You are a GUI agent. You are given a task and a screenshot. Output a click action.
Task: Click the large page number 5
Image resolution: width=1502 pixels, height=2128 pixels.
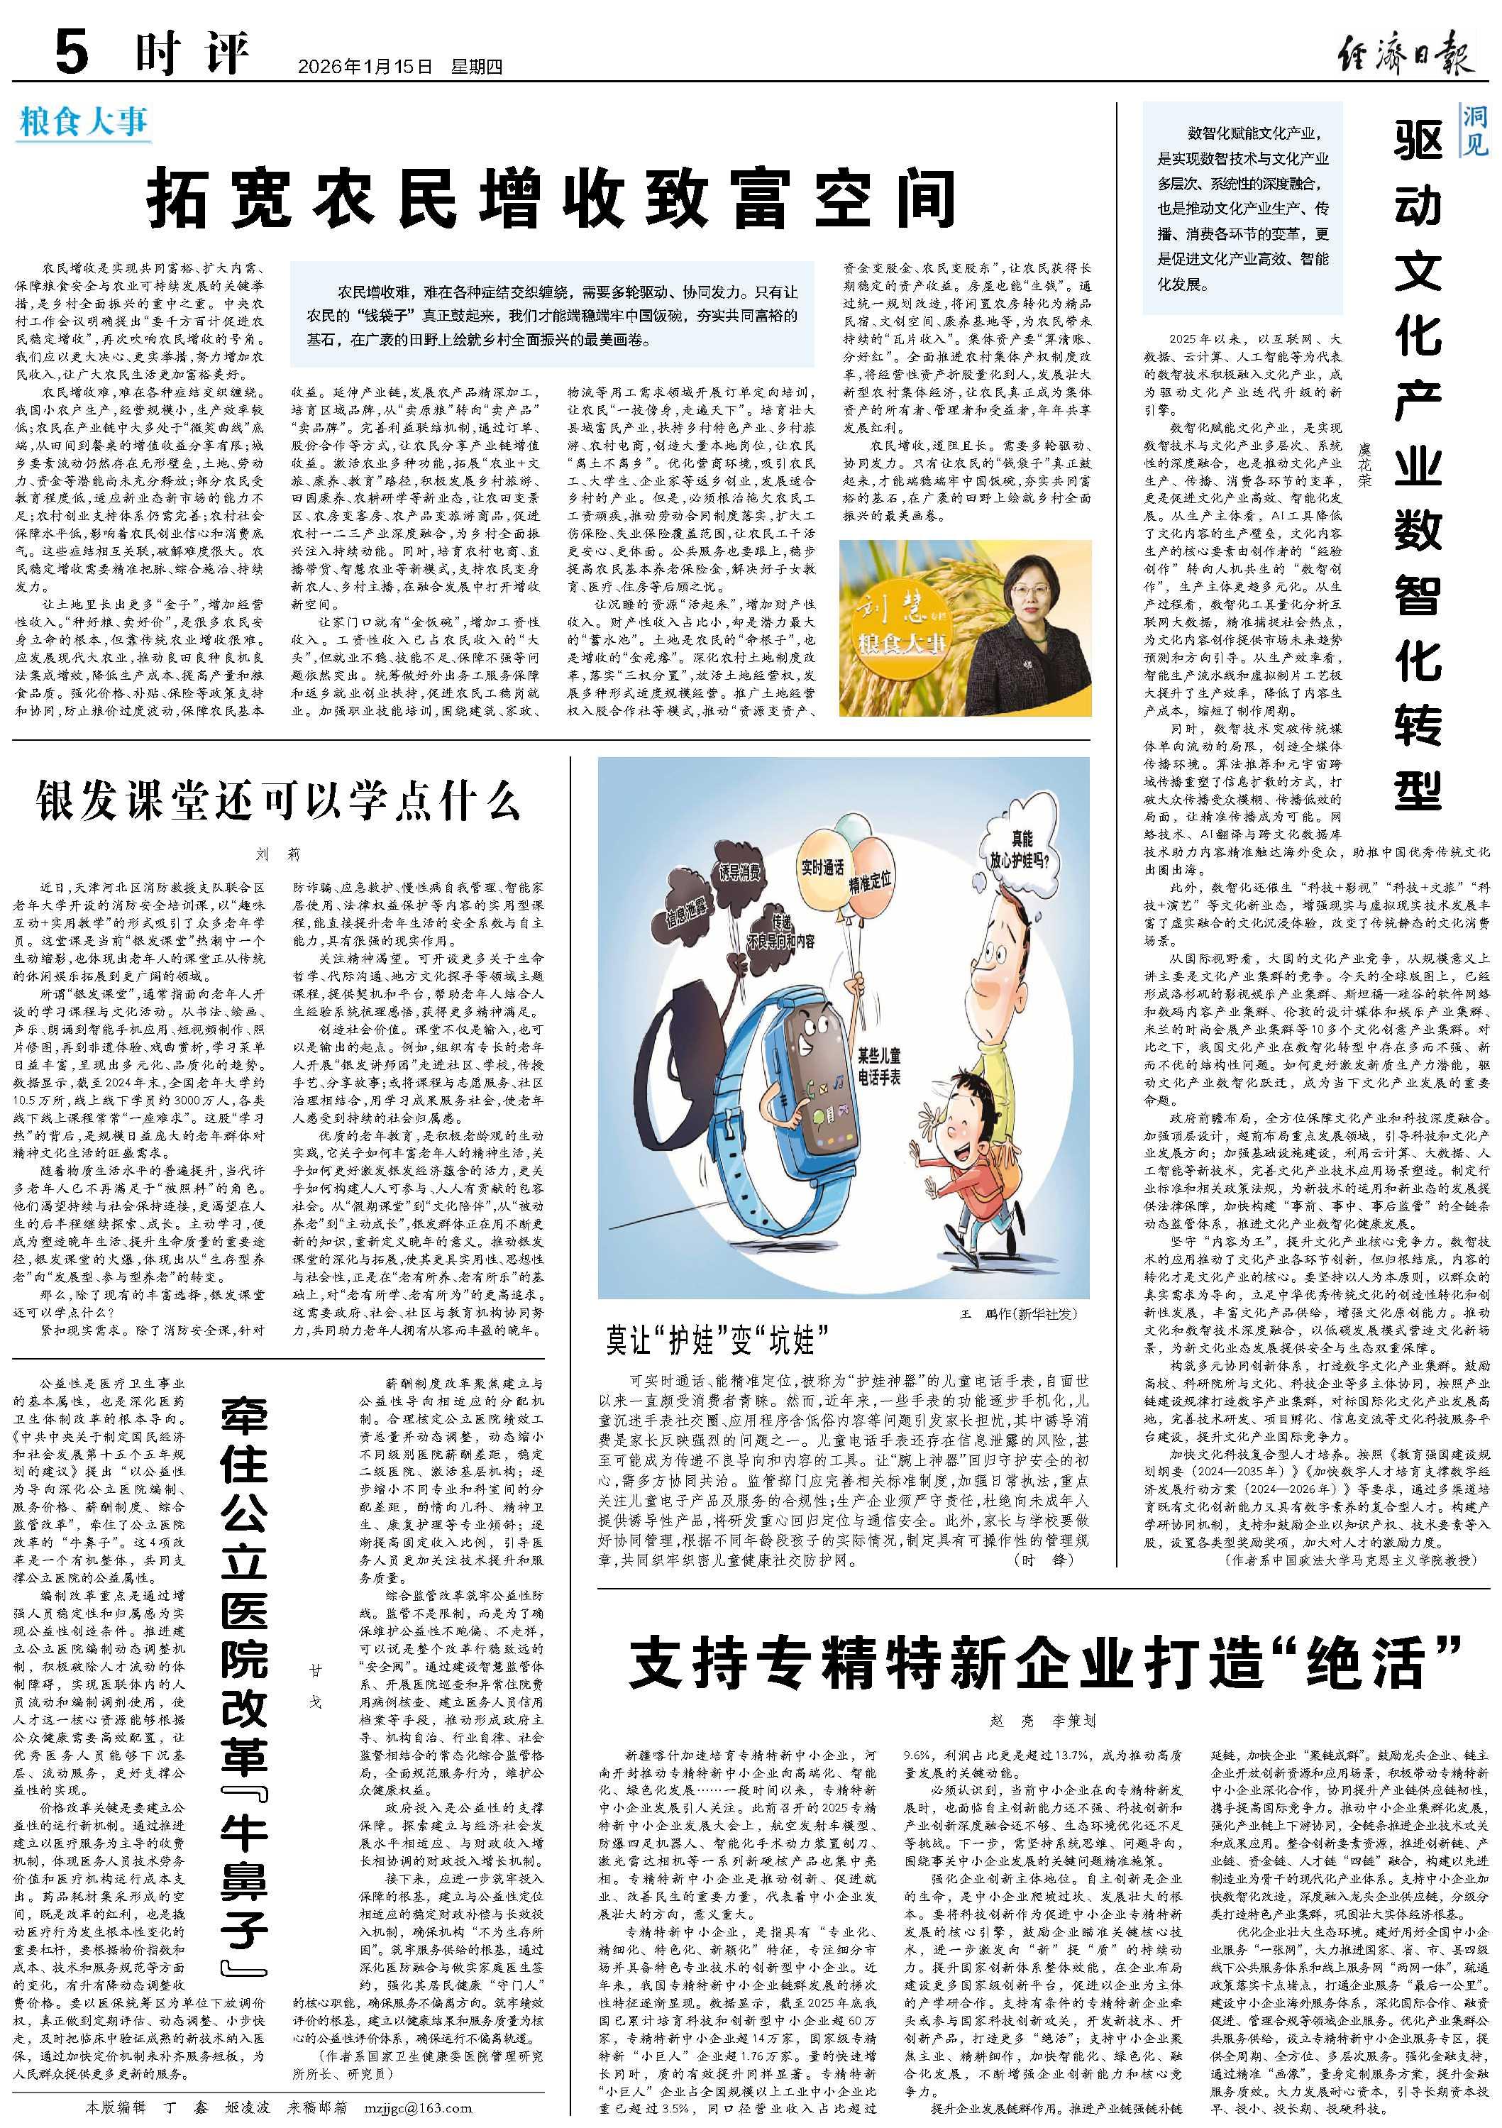click(x=72, y=52)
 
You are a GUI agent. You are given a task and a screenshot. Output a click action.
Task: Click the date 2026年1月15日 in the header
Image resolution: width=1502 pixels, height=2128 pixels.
click(x=366, y=67)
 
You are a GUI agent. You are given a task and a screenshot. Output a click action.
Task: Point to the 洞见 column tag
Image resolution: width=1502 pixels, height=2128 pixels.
click(x=1475, y=131)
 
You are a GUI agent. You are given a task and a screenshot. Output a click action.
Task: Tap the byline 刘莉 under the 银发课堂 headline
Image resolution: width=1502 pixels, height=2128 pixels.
click(x=278, y=854)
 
